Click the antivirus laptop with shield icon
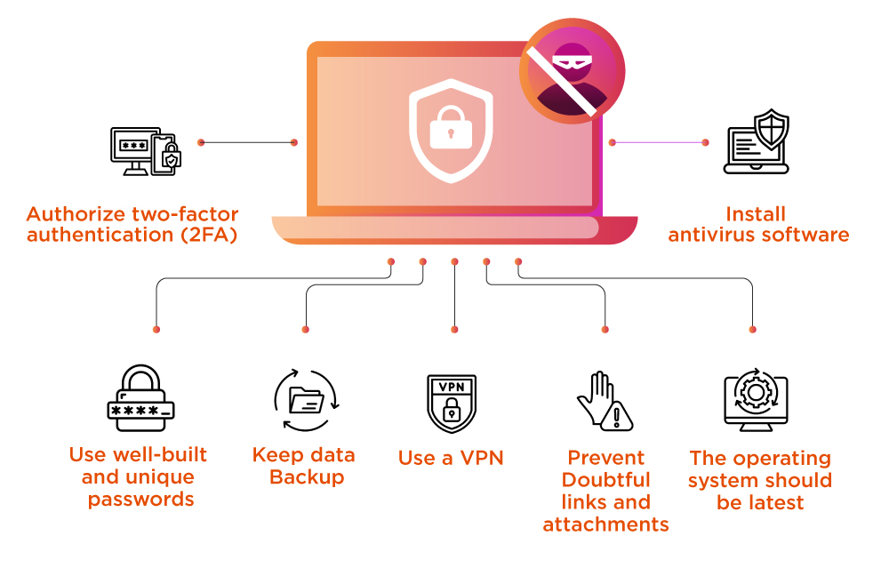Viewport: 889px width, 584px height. pos(757,142)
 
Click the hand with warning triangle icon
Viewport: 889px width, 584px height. pos(605,402)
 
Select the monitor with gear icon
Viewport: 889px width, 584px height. pos(757,402)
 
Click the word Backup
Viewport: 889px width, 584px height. pos(307,477)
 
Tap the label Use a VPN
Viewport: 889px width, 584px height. pos(451,458)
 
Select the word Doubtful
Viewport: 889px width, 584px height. pos(606,480)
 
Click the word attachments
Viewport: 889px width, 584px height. pos(606,524)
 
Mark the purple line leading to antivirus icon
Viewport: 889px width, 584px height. pos(659,142)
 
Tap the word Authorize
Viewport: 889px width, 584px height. pos(77,214)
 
